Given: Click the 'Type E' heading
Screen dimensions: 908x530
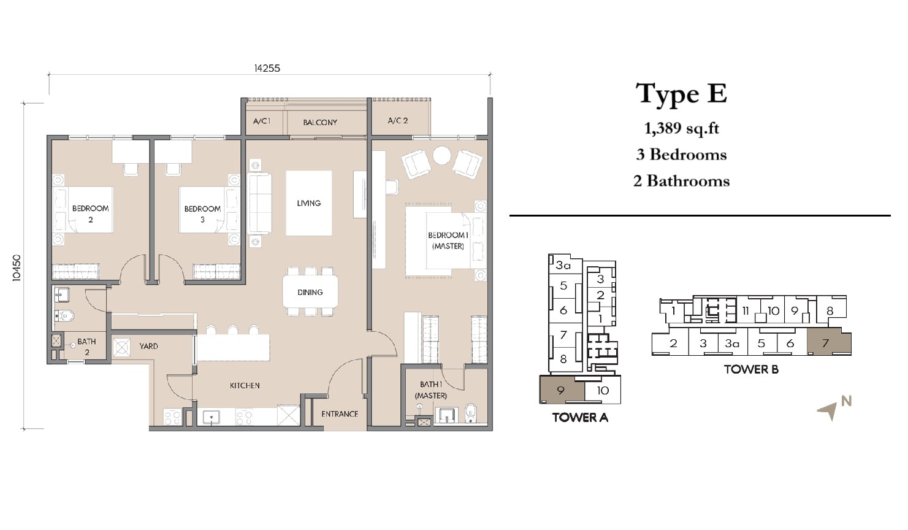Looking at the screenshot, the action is coord(681,94).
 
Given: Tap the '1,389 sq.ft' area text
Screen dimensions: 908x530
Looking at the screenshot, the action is coord(681,128).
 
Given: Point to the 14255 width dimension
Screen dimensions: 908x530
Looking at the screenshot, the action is coord(267,68).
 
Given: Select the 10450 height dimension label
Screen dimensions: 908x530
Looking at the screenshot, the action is coord(16,267).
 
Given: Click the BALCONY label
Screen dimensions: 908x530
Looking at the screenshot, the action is coord(320,122).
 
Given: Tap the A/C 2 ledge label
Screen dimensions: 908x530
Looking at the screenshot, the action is coord(398,120).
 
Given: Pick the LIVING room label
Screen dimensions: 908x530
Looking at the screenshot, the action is coord(309,203).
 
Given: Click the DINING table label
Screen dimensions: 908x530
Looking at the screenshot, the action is coord(310,292).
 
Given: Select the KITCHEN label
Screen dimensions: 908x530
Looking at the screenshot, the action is coord(245,385).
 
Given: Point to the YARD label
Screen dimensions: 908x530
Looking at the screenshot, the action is coord(148,346).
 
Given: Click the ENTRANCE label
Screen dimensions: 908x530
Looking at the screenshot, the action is coord(340,414).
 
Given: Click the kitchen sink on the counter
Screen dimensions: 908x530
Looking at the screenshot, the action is coord(211,417).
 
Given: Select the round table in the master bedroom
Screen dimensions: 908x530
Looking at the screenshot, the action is coord(441,155).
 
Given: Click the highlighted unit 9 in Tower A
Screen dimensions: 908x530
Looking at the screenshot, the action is coord(562,390).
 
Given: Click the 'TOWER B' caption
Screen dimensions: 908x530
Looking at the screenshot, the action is coord(751,369).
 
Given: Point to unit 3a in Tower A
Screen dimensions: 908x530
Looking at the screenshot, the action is coord(563,265).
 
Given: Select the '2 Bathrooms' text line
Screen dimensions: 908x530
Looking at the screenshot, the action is coord(681,181).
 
